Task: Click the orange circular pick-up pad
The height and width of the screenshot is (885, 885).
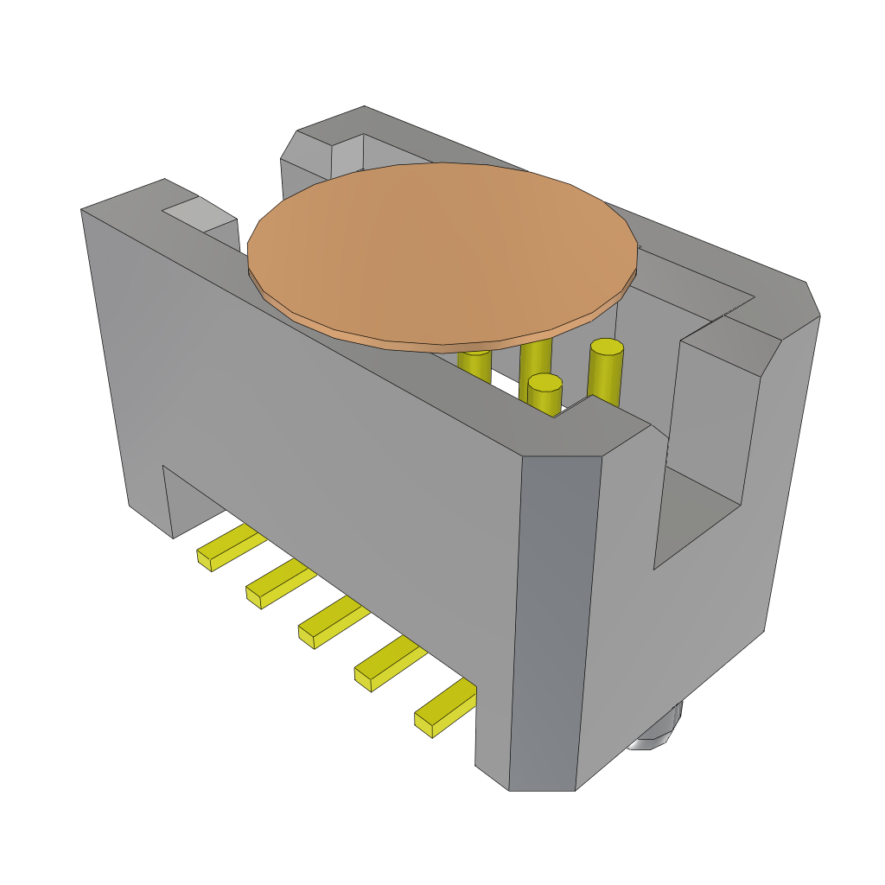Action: click(442, 251)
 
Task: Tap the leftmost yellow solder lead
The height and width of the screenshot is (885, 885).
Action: click(229, 548)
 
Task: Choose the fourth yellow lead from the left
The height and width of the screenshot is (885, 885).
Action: click(389, 664)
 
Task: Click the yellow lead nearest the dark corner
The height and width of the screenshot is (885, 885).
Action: click(445, 707)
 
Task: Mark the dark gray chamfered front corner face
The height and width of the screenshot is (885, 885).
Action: click(553, 622)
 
